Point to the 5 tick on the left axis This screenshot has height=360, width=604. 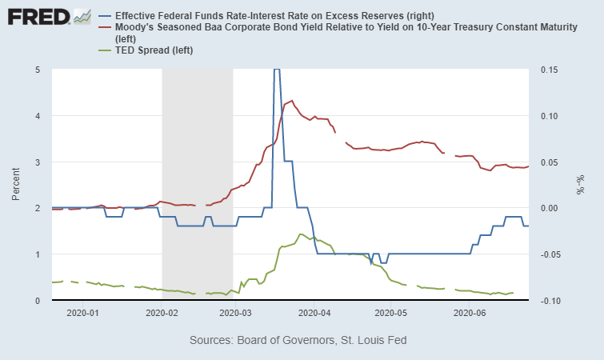(38, 70)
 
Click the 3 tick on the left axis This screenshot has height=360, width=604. (38, 162)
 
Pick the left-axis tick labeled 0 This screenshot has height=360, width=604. (38, 300)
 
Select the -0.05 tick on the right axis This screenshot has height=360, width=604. (550, 254)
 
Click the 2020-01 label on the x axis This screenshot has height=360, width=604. (83, 313)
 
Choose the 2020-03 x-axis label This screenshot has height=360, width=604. (234, 313)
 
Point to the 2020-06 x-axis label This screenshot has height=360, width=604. (467, 313)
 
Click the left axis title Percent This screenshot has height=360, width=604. (17, 185)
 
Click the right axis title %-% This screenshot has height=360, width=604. (582, 185)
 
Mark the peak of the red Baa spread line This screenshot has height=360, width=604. (291, 101)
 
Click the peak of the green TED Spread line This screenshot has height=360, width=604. (300, 234)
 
